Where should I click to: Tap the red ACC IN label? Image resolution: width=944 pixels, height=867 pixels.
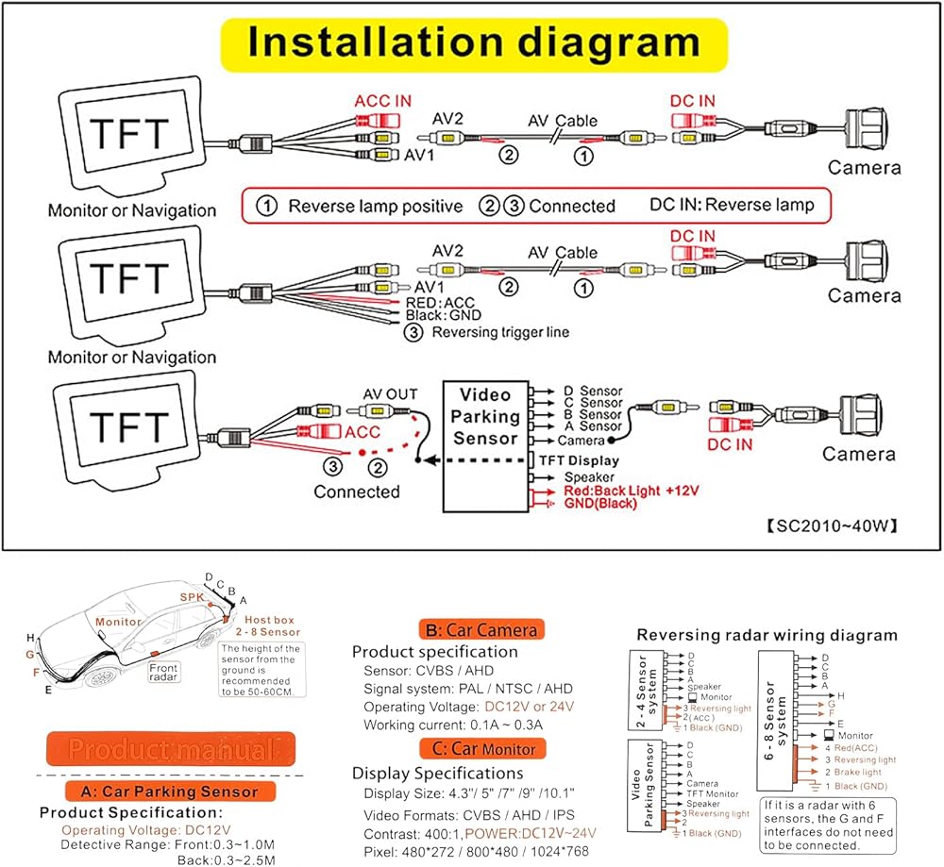pyautogui.click(x=382, y=100)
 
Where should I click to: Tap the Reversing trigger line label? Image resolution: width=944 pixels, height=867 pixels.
pyautogui.click(x=499, y=332)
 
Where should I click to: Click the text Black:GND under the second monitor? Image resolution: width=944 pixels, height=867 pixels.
pyautogui.click(x=443, y=315)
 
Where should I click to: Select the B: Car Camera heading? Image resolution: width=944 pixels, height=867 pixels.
pyautogui.click(x=480, y=629)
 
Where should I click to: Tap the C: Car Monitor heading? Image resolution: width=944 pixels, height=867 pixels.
pyautogui.click(x=480, y=748)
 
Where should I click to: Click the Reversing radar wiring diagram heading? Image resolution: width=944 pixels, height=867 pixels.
pyautogui.click(x=767, y=635)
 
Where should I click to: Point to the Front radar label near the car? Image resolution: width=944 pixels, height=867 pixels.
pyautogui.click(x=162, y=673)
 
